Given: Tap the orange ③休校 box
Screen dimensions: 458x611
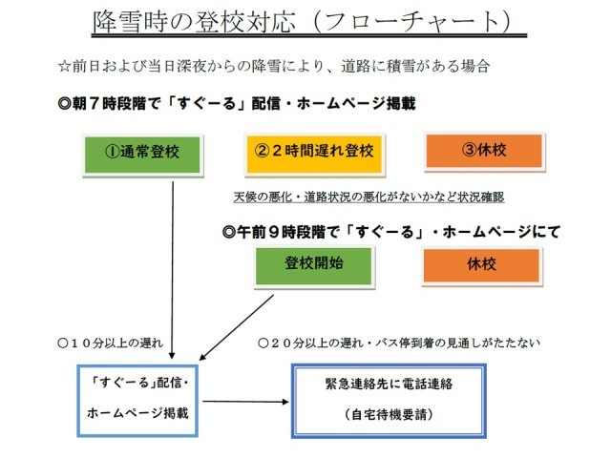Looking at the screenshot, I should coord(484,151).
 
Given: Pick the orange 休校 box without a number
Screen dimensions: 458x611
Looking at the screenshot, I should coord(484,264).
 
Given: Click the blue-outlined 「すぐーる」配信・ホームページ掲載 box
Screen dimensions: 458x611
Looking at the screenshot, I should coord(139,399).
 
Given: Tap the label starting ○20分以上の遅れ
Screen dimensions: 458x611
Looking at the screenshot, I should coord(400,341).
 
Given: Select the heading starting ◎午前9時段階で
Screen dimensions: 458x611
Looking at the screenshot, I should coord(390,230).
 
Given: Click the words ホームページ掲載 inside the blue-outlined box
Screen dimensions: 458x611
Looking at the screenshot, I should coord(137,416).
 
